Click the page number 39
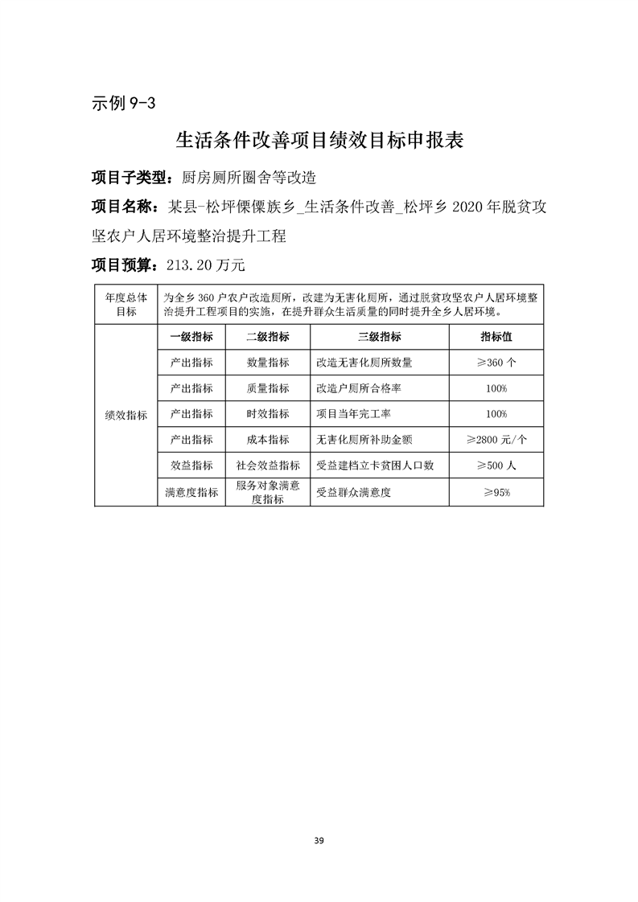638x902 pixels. pos(319,841)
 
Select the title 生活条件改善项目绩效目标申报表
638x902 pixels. pos(319,141)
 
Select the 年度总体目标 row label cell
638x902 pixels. pos(126,304)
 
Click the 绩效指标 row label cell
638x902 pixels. pos(126,415)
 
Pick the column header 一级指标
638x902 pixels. pos(191,337)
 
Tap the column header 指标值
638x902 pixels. pos(496,337)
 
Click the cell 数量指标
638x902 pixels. pos(268,363)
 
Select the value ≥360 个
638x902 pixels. pos(496,363)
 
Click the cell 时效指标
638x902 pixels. pos(268,414)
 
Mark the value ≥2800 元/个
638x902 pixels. pos(496,440)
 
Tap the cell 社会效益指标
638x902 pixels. pos(268,465)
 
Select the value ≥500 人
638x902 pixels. pos(496,465)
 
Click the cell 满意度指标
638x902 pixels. pos(191,493)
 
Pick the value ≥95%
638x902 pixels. pos(496,493)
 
